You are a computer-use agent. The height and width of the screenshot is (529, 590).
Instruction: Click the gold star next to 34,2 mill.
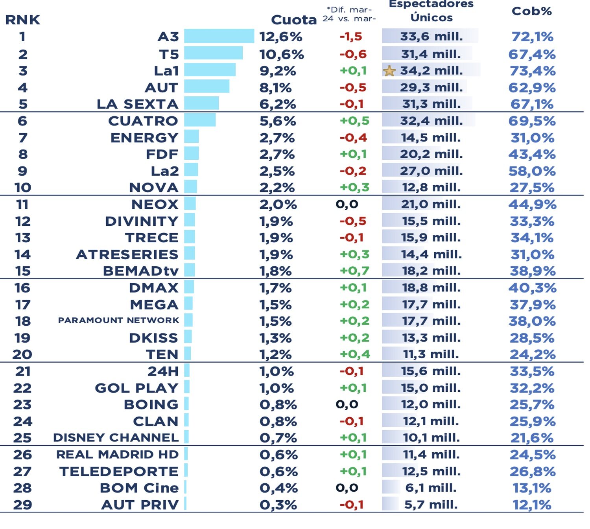[x=389, y=71]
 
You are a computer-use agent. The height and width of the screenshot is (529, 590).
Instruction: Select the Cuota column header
[x=293, y=20]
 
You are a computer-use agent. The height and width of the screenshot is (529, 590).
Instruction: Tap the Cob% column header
[x=531, y=11]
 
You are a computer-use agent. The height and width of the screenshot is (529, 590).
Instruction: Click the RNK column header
[x=22, y=20]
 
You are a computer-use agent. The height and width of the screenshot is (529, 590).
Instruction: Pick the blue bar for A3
[x=219, y=36]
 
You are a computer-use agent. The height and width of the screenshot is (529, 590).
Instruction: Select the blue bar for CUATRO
[x=200, y=120]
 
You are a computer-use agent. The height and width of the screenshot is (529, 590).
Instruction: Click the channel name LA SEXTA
[x=138, y=104]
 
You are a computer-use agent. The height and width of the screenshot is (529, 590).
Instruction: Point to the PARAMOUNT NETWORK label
[x=118, y=321]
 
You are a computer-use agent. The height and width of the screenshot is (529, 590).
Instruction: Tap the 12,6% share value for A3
[x=280, y=37]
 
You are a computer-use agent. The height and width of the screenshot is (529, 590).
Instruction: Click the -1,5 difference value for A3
[x=350, y=37]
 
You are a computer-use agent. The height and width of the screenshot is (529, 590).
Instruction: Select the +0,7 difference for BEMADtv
[x=354, y=271]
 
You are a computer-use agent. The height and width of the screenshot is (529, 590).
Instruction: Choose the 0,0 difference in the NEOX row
[x=347, y=204]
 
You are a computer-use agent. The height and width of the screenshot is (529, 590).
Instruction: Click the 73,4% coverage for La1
[x=532, y=71]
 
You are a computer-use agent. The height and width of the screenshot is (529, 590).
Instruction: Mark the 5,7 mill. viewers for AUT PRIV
[x=431, y=505]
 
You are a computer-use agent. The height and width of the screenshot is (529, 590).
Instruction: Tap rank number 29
[x=22, y=505]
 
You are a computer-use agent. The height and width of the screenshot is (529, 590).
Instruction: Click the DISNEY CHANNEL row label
[x=116, y=437]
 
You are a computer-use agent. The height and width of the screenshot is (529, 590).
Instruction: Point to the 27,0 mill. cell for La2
[x=431, y=171]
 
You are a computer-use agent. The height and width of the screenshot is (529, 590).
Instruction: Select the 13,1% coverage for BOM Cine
[x=532, y=488]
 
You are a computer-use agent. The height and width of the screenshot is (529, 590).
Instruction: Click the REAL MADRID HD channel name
[x=117, y=454]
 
